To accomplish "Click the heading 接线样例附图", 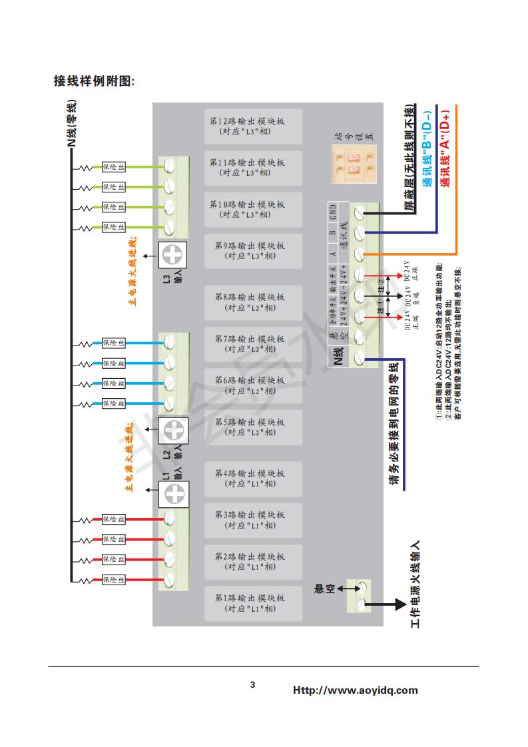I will click(94, 81).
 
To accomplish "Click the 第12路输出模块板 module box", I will click(253, 126).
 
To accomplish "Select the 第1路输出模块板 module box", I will click(253, 603).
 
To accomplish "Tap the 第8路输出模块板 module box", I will click(253, 302).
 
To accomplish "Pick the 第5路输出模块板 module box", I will click(253, 427).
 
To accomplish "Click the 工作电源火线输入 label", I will click(415, 585).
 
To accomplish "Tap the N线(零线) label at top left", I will click(71, 124).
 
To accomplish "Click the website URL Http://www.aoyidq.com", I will click(356, 690).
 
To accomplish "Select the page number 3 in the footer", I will click(252, 684).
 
